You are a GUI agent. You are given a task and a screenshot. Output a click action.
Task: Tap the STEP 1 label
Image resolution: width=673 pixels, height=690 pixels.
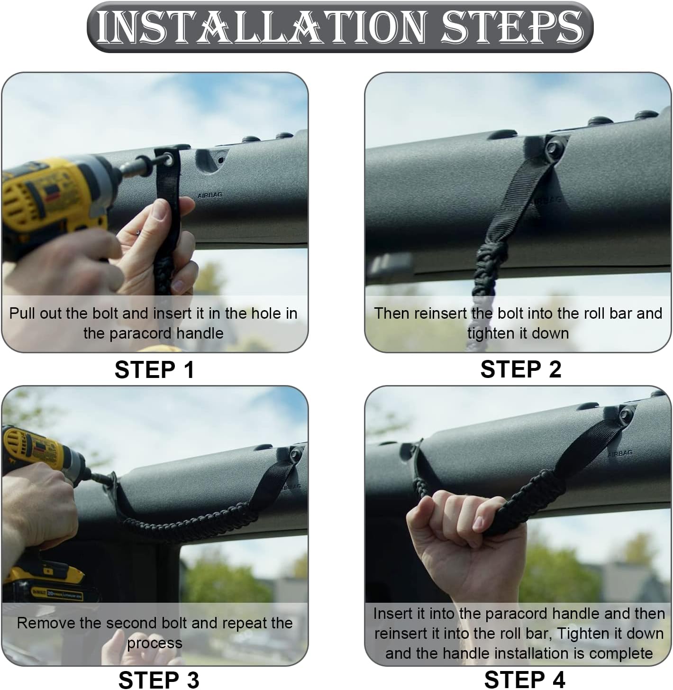(155, 369)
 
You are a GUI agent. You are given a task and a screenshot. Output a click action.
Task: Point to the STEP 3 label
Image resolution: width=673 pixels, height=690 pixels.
(159, 680)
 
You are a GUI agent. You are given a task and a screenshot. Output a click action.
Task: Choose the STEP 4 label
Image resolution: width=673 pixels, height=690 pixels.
(525, 680)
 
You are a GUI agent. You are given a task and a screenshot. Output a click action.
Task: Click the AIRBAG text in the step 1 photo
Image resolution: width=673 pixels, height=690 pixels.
(210, 195)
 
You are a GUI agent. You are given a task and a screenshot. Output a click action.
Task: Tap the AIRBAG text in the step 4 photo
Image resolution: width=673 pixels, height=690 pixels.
(620, 453)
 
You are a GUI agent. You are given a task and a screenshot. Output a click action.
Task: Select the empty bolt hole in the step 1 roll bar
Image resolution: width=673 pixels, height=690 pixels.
(221, 160)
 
